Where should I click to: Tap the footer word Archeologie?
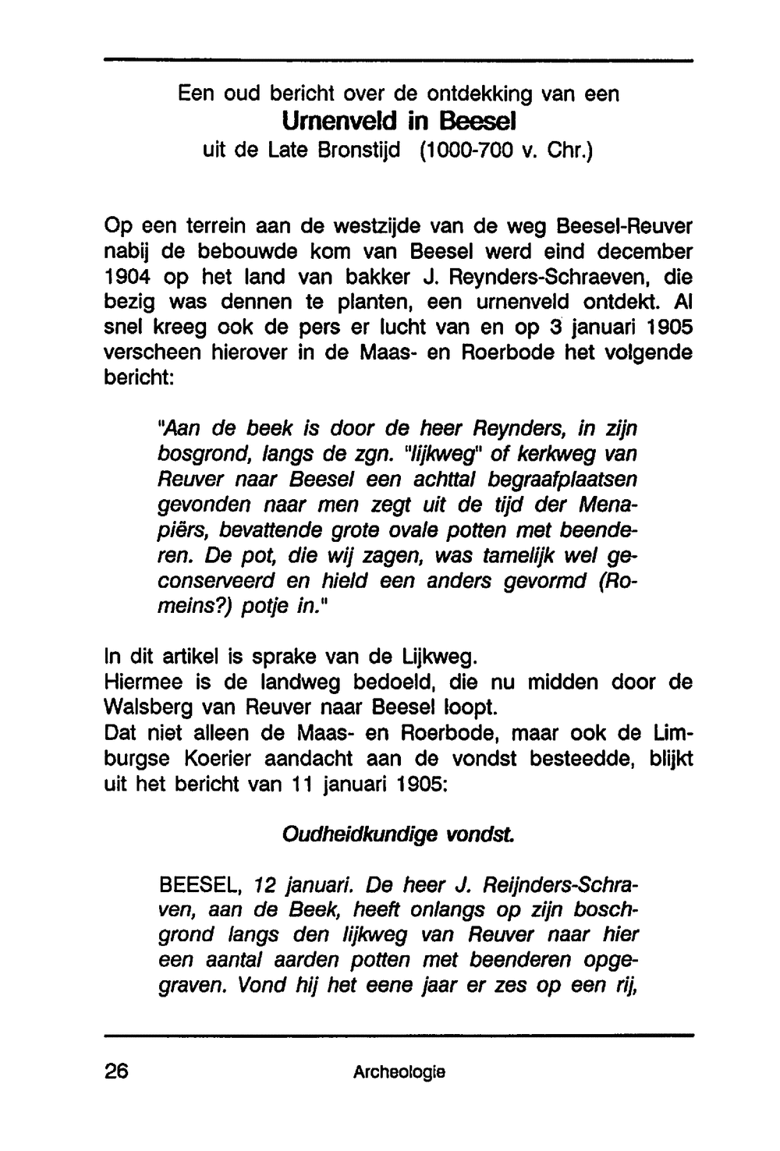(399, 1072)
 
